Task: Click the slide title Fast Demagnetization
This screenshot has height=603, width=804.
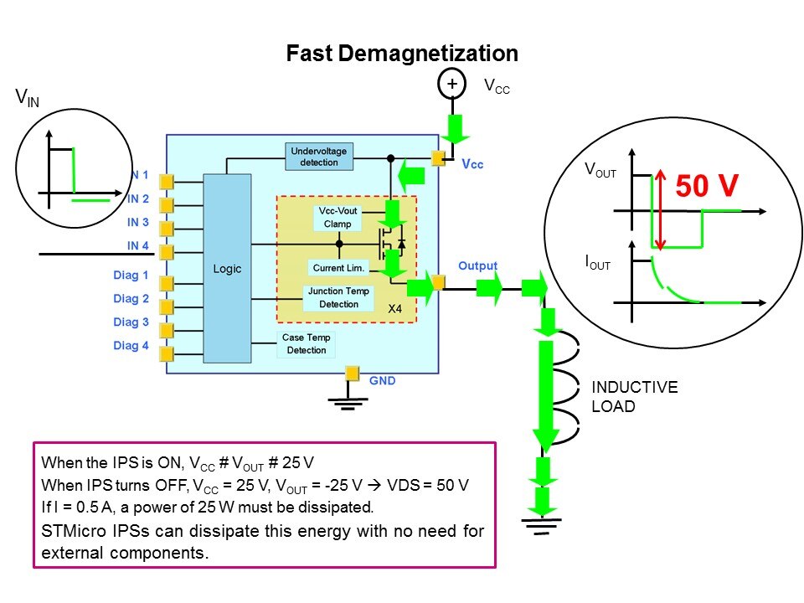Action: (402, 54)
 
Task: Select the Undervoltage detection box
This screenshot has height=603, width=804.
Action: (318, 157)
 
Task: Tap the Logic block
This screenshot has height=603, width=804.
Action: (227, 269)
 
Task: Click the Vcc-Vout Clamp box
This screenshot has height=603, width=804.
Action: (338, 217)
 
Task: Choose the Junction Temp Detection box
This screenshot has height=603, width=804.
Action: (338, 297)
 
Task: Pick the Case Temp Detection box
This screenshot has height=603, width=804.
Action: (307, 344)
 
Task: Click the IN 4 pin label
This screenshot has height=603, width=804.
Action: (138, 245)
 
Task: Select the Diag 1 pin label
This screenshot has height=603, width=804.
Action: (131, 275)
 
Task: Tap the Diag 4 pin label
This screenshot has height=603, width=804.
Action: (131, 345)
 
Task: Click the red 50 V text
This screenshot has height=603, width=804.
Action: (706, 185)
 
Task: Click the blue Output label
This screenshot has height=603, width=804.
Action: (477, 265)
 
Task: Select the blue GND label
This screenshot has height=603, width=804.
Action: (382, 380)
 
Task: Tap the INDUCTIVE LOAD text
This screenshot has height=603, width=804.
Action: (634, 397)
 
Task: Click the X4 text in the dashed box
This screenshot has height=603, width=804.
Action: (396, 309)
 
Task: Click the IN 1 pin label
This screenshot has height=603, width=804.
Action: (138, 175)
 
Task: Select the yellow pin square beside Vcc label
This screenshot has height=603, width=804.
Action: (438, 157)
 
